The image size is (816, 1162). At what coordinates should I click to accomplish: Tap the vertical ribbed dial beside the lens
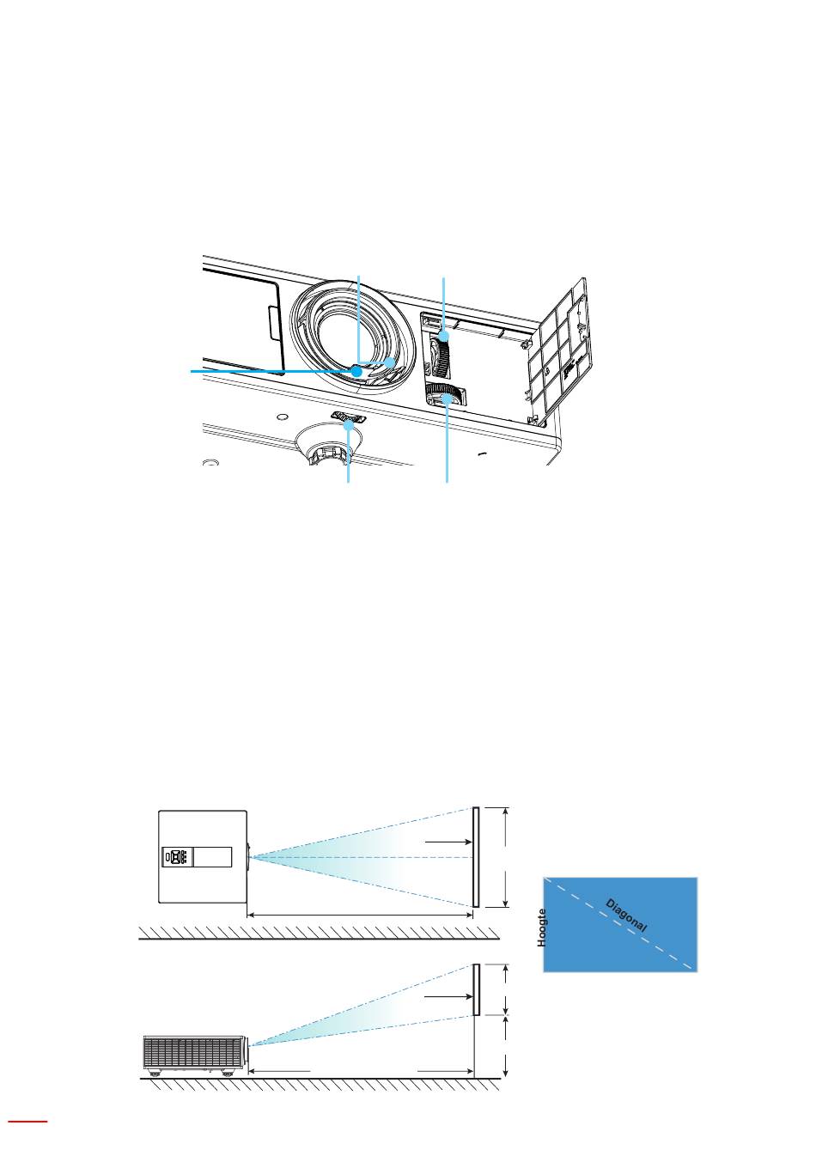pyautogui.click(x=441, y=353)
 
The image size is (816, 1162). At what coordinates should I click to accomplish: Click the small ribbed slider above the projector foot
pyautogui.click(x=349, y=417)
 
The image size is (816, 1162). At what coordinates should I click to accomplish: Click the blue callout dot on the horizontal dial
pyautogui.click(x=446, y=398)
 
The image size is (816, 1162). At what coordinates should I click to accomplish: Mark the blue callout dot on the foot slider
pyautogui.click(x=349, y=425)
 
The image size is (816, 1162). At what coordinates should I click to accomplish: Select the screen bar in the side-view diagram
pyautogui.click(x=476, y=989)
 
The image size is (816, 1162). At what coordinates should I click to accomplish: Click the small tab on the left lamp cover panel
pyautogui.click(x=273, y=323)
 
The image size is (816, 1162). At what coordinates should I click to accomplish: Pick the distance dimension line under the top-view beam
pyautogui.click(x=360, y=916)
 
